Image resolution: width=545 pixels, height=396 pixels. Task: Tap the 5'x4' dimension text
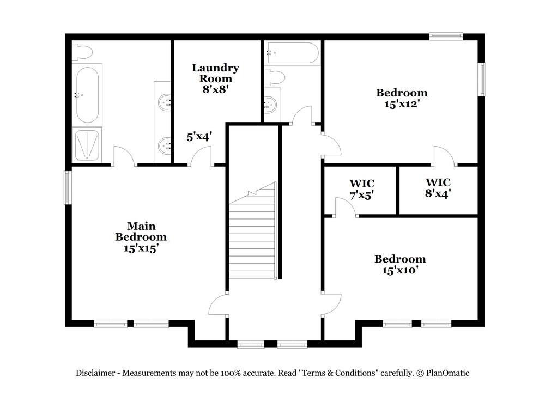click(199, 137)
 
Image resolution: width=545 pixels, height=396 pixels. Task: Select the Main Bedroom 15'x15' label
click(141, 237)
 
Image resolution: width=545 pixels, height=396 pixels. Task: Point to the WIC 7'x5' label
click(362, 188)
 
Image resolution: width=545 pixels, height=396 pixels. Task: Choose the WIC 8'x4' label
click(438, 187)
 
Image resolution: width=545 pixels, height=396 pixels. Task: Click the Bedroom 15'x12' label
click(402, 98)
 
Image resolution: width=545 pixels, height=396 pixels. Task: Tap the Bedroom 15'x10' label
click(399, 264)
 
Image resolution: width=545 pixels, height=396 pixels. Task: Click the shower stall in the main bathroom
click(87, 145)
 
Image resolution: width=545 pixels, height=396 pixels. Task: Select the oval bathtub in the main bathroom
click(87, 94)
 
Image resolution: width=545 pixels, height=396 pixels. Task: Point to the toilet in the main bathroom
click(83, 52)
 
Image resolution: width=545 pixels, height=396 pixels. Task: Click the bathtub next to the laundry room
click(292, 53)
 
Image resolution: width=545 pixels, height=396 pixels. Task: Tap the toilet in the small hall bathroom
click(275, 77)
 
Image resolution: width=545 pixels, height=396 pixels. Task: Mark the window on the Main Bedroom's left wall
click(68, 187)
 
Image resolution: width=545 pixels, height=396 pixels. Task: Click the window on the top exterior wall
click(446, 36)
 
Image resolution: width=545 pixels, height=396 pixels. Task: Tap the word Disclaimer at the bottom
click(95, 373)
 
